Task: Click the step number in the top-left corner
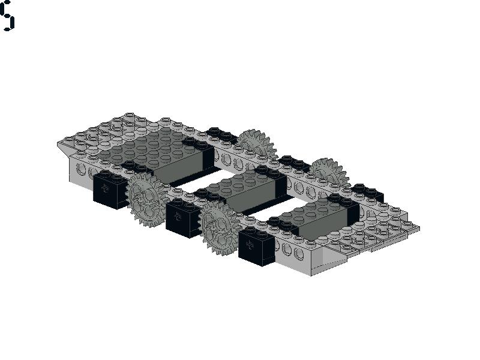coord(7,16)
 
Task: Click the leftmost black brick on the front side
coord(110,190)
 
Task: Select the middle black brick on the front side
coord(182,217)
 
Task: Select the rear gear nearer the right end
coord(329,172)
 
